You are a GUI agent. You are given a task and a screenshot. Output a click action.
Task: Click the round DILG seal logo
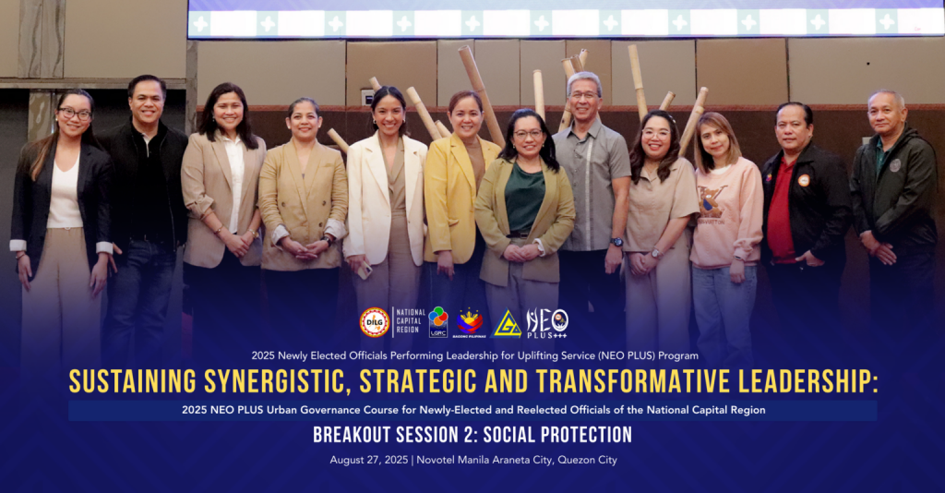tap(375, 322)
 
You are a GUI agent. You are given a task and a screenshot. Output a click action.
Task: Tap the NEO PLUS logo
tap(547, 323)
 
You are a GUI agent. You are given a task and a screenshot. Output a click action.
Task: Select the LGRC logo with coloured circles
tap(438, 322)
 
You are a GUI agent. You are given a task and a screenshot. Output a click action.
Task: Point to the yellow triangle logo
tap(507, 324)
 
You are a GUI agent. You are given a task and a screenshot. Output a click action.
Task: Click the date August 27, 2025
tap(369, 460)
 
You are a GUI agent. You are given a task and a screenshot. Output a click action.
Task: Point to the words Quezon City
tap(587, 460)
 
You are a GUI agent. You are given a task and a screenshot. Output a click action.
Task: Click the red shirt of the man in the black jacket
tap(782, 210)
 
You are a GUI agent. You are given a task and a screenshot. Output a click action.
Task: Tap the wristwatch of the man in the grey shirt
tap(616, 242)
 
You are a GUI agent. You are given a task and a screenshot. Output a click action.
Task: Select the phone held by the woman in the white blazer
tap(365, 271)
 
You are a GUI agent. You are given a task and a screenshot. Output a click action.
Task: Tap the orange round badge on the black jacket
tap(804, 180)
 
